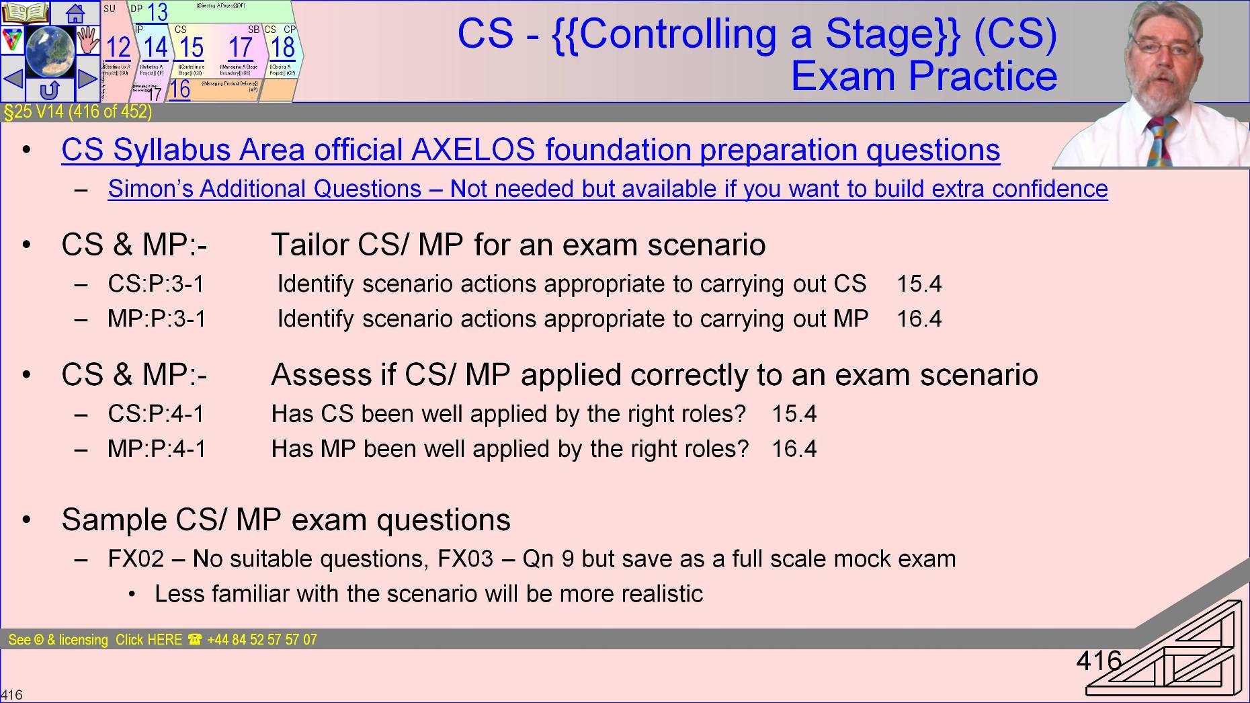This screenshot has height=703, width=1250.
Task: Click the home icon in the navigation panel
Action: click(75, 13)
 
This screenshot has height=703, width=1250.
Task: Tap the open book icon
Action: click(25, 13)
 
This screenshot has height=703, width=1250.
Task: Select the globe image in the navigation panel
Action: click(50, 50)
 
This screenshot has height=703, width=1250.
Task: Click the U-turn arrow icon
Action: click(50, 89)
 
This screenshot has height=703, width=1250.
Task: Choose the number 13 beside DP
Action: click(157, 12)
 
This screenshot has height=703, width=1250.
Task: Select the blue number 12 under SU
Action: click(118, 48)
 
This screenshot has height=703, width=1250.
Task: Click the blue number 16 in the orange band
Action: click(179, 89)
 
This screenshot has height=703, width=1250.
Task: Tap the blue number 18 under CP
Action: click(283, 48)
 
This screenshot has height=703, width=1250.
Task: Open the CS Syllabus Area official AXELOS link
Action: click(530, 150)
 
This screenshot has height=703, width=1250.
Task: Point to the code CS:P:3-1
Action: click(156, 284)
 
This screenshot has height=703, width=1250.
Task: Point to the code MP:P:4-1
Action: click(157, 449)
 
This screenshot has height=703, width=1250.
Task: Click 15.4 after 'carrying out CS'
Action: click(919, 284)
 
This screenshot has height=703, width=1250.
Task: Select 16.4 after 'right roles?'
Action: click(794, 449)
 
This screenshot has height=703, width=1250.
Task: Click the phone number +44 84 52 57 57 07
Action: click(261, 640)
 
